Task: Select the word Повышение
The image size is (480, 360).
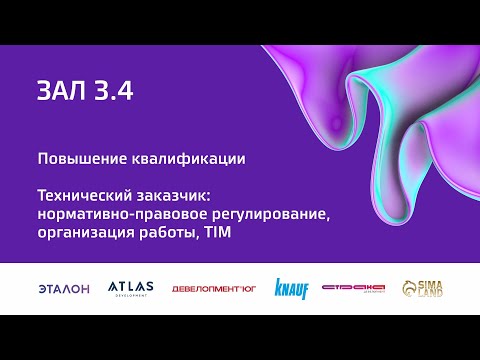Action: tap(75, 159)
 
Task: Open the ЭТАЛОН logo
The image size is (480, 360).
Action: tap(63, 288)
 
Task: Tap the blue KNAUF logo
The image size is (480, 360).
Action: tap(291, 289)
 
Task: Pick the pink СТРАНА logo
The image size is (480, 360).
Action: tap(353, 288)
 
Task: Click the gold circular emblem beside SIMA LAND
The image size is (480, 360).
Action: tap(409, 288)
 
